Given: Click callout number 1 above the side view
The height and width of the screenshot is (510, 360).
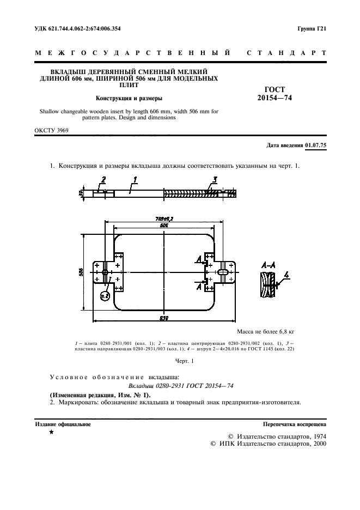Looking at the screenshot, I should coord(134,179).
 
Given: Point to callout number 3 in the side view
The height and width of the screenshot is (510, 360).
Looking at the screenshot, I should coord(215,179).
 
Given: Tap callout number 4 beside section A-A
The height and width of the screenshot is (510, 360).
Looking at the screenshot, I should coord(288,276).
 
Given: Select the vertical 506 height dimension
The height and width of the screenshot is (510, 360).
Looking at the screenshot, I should coord(81,271).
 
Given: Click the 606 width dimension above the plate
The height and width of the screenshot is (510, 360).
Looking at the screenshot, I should coord(164,225).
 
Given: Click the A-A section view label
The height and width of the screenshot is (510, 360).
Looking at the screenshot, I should coord(267,264).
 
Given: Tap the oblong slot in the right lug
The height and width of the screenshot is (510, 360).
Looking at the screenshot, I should coord(224,271).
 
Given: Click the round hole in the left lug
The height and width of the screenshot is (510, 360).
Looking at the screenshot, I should coord(104,271).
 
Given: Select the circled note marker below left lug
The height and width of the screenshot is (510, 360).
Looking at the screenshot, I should coord(106,296).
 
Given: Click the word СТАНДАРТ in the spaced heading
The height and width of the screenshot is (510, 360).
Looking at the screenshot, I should coord(286,53).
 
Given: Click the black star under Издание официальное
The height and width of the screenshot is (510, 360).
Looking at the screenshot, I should coord(51,432).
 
